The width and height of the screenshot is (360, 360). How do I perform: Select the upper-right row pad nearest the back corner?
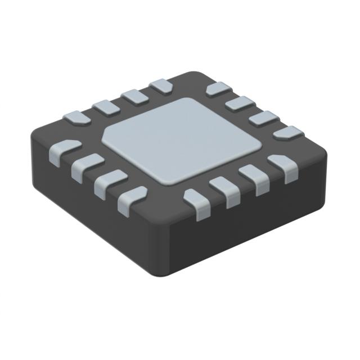[218, 89]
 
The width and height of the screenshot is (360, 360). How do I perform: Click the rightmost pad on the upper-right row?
[287, 133]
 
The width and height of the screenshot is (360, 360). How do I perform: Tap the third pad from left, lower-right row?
[254, 177]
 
